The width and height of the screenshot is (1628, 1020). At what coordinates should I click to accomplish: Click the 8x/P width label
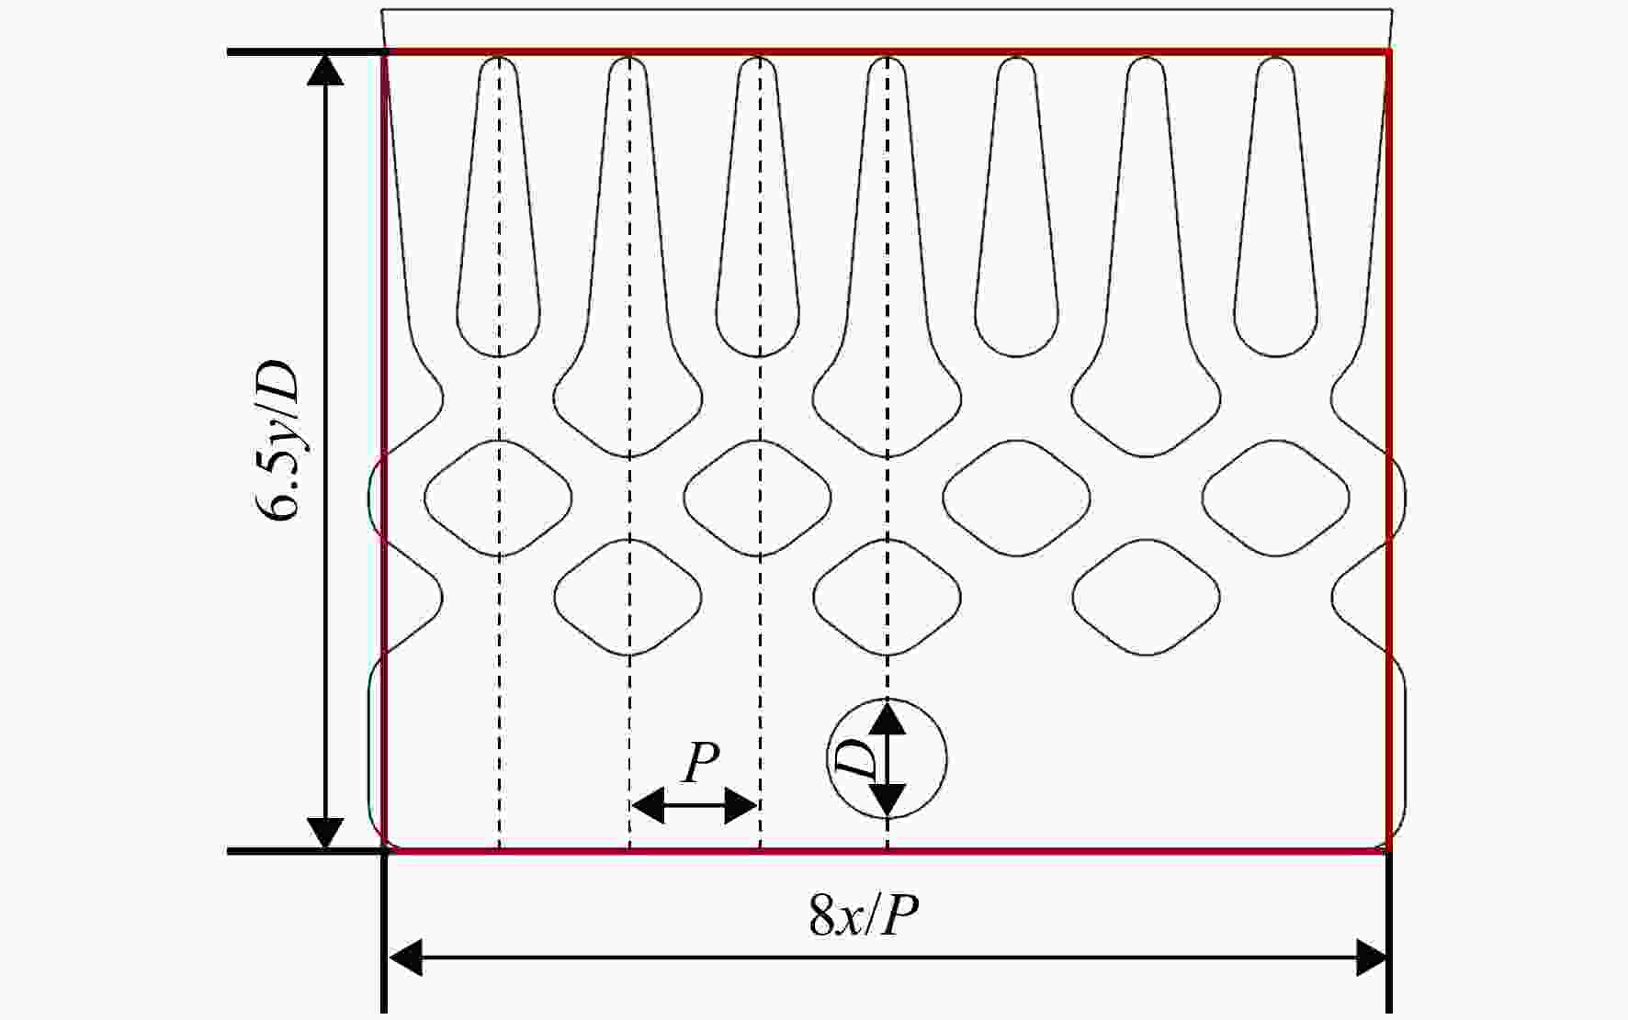(864, 914)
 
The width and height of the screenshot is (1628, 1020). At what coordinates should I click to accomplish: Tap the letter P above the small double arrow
(700, 761)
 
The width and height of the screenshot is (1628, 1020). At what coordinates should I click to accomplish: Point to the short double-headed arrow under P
(695, 806)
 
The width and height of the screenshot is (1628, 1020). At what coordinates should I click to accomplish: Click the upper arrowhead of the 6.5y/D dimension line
(324, 70)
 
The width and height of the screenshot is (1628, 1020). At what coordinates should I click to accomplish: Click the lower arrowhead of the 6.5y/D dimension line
(324, 834)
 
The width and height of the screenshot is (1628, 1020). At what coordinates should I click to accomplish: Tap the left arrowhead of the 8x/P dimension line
(405, 958)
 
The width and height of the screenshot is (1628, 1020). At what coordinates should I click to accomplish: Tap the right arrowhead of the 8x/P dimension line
(1371, 958)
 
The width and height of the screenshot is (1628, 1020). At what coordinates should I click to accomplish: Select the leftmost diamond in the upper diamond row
(499, 499)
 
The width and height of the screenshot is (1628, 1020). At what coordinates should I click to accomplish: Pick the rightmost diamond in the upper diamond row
(1276, 499)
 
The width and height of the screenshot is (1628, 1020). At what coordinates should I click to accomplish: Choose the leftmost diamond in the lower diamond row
(629, 597)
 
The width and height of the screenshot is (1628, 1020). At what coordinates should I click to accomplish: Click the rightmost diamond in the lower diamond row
(1147, 597)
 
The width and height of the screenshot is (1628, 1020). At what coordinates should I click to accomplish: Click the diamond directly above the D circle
(887, 597)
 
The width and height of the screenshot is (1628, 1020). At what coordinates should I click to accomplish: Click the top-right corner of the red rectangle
(1387, 52)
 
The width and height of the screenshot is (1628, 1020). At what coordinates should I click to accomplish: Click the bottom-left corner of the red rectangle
(384, 850)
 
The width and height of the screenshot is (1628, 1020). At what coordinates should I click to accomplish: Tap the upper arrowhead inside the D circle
(887, 716)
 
